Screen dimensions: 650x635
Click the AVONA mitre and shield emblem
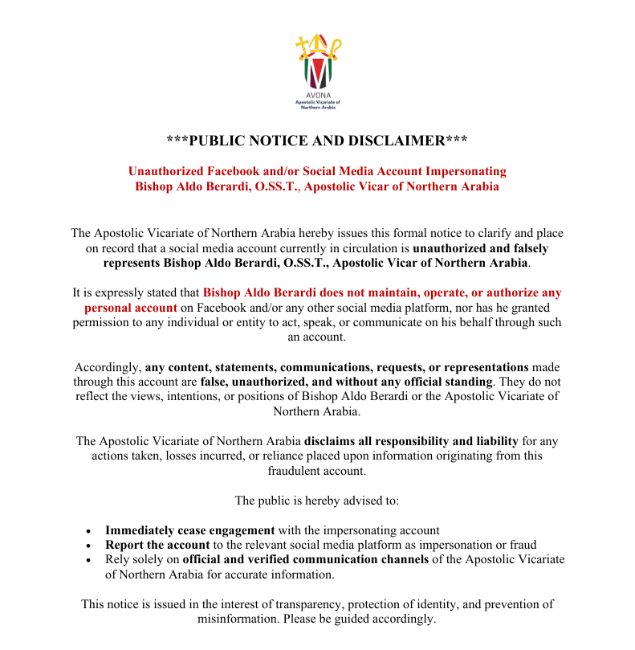[x=317, y=62]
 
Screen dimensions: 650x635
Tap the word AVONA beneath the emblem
[x=317, y=96]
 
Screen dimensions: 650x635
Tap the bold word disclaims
[x=332, y=441]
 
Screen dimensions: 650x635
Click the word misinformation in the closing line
[x=236, y=619]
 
